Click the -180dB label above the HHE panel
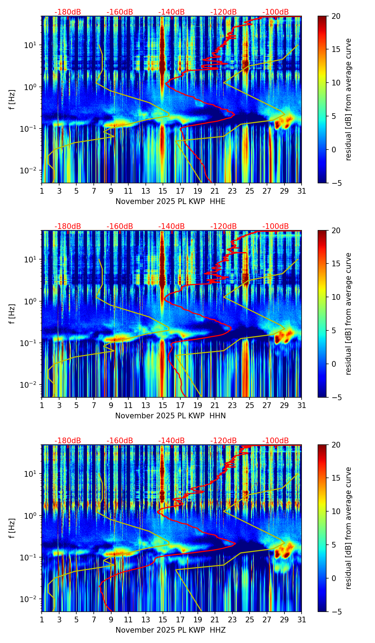[68, 12]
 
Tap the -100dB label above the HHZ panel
[276, 441]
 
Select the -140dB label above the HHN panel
[171, 226]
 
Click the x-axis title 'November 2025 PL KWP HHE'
[170, 202]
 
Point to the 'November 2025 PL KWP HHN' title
[170, 416]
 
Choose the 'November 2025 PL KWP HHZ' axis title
[170, 630]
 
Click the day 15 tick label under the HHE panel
[163, 191]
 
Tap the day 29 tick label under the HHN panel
[284, 406]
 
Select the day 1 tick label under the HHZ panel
[42, 620]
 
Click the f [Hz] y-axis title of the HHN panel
[12, 314]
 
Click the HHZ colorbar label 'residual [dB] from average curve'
[348, 528]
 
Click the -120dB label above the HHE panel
[224, 12]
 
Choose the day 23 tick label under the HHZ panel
[232, 620]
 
